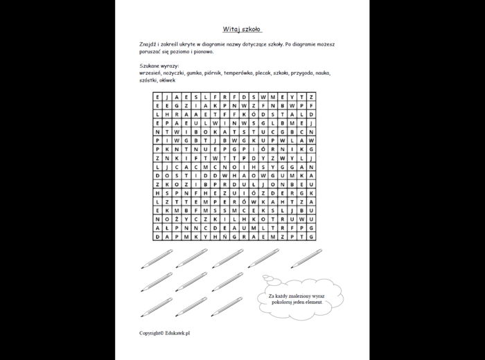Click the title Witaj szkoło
(x=242, y=30)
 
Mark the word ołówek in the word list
(x=167, y=80)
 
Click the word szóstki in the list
(x=148, y=80)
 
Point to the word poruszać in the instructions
(x=150, y=51)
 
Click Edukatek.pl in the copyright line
(x=177, y=333)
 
